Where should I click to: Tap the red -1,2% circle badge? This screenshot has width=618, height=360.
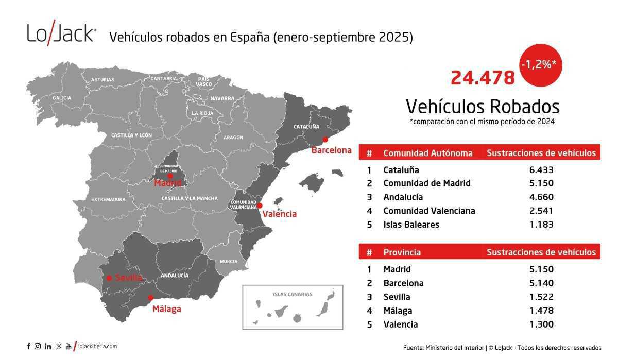tap(541, 66)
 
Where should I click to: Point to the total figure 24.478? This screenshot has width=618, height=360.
tap(483, 78)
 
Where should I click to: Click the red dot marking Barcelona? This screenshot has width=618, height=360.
tap(325, 139)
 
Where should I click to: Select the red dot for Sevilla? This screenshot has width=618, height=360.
tap(109, 278)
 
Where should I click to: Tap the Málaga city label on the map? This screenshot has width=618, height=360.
tap(166, 310)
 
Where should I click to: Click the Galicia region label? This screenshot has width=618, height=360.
tap(62, 98)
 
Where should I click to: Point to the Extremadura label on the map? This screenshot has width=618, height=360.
tap(108, 199)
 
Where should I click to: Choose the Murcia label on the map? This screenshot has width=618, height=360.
tap(229, 261)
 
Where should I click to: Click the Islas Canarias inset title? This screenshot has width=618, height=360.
tap(293, 295)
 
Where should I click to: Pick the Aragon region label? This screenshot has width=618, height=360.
tap(233, 138)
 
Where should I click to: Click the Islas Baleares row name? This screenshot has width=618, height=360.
tap(411, 225)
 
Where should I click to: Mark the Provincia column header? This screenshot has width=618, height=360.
tap(402, 252)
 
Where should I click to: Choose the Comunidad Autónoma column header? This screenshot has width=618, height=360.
tap(427, 153)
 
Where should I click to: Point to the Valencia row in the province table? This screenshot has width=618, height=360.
tap(401, 324)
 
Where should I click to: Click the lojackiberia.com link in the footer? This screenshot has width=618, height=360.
tap(98, 347)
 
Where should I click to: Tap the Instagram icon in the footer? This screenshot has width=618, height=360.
tap(38, 347)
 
